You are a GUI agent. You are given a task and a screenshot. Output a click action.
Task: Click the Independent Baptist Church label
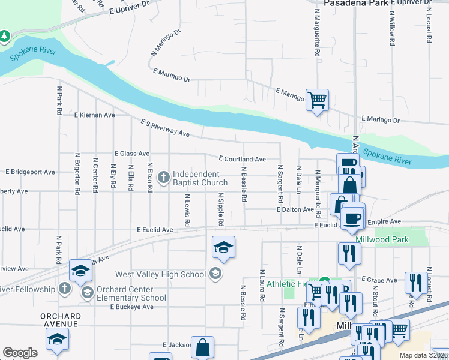[x=200, y=178]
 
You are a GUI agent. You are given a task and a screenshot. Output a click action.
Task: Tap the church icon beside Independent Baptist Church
[x=163, y=178]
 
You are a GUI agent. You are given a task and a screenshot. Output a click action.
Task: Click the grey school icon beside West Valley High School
[x=215, y=274]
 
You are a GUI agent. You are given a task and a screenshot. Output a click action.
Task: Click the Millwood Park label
[x=382, y=239]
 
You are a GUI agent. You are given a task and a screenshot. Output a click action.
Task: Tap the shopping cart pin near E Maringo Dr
[x=317, y=99]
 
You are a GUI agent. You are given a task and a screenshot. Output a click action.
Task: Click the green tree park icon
[x=5, y=37]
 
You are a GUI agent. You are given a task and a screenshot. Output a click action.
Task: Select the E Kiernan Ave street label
[x=94, y=115]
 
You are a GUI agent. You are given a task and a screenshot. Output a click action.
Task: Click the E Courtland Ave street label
[x=242, y=159]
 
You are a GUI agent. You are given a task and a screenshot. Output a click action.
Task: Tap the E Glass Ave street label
[x=131, y=154]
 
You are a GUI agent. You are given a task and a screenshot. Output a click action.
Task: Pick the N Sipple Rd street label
[x=221, y=209]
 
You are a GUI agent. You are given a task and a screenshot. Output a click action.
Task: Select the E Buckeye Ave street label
[x=131, y=307]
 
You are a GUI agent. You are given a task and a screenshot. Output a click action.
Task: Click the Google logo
[x=20, y=353]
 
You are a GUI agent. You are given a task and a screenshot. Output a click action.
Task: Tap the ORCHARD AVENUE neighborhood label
[x=61, y=320]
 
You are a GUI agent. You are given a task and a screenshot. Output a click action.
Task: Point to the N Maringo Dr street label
[x=162, y=44]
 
